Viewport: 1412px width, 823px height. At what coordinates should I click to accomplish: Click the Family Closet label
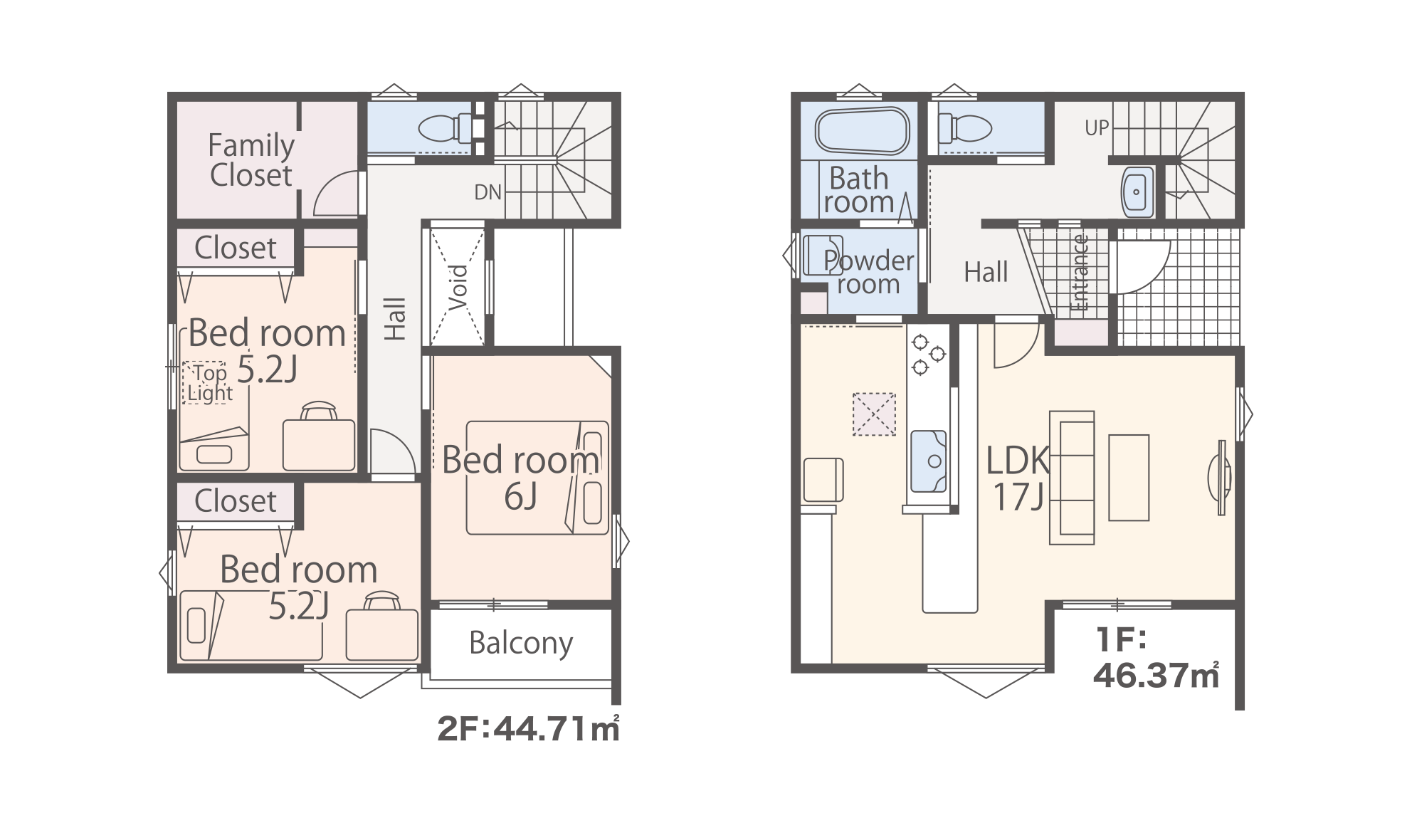pos(251,160)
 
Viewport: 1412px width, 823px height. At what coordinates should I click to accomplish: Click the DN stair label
pos(488,192)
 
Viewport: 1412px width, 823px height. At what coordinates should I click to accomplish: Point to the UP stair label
pos(1097,127)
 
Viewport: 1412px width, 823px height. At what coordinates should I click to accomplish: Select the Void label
pos(458,287)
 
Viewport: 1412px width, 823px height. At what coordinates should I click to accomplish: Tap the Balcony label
pos(521,644)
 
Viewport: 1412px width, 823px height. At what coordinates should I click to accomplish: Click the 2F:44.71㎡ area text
pos(528,728)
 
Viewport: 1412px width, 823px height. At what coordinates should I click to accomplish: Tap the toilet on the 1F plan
pos(965,129)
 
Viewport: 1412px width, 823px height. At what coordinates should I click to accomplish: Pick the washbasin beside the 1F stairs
pos(1137,192)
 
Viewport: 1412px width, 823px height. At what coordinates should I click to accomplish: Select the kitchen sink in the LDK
pos(929,461)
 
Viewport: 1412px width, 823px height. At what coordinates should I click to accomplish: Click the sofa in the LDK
pos(1072,478)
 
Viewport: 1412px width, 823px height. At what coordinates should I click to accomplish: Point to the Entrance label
pos(1080,273)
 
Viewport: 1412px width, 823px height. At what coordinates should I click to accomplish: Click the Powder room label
pos(868,272)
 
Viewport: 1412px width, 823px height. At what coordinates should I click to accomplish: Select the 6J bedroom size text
pos(520,496)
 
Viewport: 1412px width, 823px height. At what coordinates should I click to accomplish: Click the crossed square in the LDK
pos(874,414)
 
